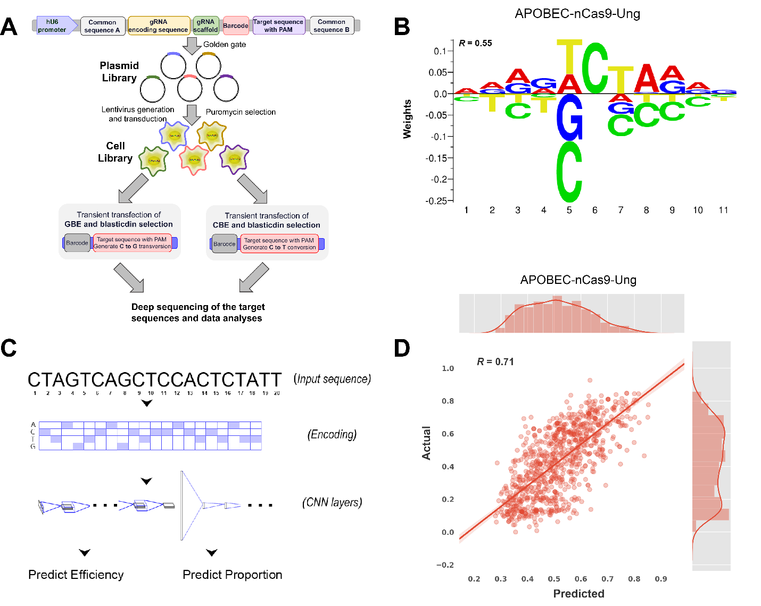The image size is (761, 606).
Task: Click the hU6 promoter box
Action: pos(54,26)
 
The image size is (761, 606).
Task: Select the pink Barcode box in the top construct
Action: pos(236,26)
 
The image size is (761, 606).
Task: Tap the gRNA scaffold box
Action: pos(205,26)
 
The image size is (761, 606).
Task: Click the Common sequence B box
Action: pos(332,26)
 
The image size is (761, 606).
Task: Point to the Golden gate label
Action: pos(225,45)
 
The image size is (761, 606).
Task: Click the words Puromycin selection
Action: pos(241,112)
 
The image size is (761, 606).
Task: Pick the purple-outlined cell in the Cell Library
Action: pos(234,159)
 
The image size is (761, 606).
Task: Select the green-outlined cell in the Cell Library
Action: pos(154,160)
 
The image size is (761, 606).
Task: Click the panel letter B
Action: pos(402,27)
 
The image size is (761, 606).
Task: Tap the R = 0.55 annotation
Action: pos(475,43)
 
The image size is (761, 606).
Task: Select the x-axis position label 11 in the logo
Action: pos(723,211)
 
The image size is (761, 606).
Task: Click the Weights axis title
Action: pos(408,119)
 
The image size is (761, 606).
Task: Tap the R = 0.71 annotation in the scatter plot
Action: pos(495,362)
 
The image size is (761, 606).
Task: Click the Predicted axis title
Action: pos(578,594)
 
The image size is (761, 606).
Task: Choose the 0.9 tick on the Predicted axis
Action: pos(661,579)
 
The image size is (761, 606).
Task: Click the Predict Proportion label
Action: pos(232,575)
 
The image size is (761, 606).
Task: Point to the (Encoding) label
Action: pos(332,435)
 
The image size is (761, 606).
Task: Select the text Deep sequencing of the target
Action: pos(198,307)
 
